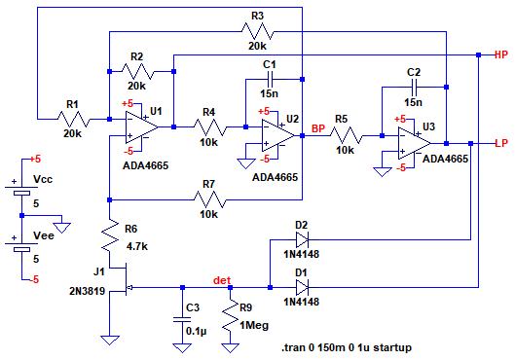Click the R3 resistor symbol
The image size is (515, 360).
coord(257,31)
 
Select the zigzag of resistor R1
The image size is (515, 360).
coord(74,119)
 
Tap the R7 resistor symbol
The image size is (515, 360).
coord(209,199)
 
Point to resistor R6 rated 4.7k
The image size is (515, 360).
coord(110,235)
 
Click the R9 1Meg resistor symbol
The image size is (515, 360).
coord(230,315)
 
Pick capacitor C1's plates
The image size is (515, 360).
coord(270,80)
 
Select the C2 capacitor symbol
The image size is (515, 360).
coord(414,88)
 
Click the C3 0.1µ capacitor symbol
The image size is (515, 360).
coord(182,320)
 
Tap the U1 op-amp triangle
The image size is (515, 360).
coord(142,127)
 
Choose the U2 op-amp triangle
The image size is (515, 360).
coord(278,135)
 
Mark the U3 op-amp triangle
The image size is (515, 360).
coord(415,143)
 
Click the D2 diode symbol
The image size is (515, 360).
coord(302,240)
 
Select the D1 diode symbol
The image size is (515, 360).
coord(302,287)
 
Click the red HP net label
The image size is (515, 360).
coord(501,54)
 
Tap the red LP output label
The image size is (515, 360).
coord(501,143)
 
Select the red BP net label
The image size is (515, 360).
coord(318,128)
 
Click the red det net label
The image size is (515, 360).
coord(222,280)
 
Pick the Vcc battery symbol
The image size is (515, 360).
coord(21,190)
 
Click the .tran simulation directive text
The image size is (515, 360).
coord(347,347)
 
